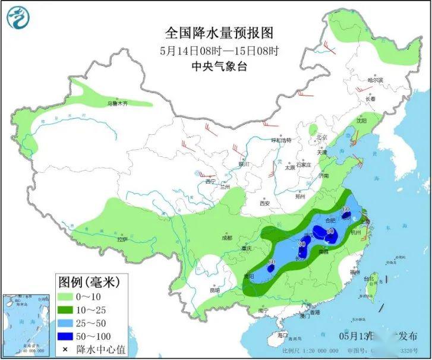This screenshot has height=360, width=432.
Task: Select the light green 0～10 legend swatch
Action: point(66,296)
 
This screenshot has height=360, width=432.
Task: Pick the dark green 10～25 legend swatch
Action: point(66,310)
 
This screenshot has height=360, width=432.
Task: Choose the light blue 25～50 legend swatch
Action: point(66,323)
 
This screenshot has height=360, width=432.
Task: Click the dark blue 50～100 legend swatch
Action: point(66,337)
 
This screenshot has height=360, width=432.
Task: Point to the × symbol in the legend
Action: point(65,350)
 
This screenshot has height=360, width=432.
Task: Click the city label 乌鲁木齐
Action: point(117,103)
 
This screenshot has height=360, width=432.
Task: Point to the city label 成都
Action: point(226,238)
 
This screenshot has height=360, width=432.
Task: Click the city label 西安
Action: point(264,204)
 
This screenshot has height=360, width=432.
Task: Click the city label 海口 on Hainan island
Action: point(282,335)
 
